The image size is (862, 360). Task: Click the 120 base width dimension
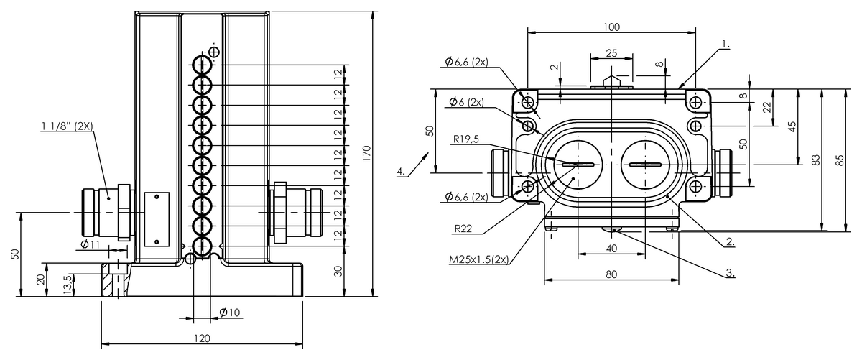pyautogui.click(x=202, y=338)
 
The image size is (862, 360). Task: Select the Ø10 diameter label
pyautogui.click(x=230, y=313)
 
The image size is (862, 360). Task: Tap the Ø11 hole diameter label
pyautogui.click(x=90, y=244)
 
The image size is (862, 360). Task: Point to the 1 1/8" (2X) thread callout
pyautogui.click(x=68, y=126)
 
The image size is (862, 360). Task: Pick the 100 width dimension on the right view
pyautogui.click(x=611, y=27)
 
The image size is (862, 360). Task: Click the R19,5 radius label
pyautogui.click(x=466, y=139)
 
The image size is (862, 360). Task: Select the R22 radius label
pyautogui.click(x=463, y=229)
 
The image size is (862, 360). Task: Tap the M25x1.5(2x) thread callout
pyautogui.click(x=479, y=259)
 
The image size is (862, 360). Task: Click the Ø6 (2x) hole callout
pyautogui.click(x=466, y=102)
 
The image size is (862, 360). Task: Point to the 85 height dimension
pyautogui.click(x=841, y=160)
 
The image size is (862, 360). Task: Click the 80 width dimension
pyautogui.click(x=611, y=274)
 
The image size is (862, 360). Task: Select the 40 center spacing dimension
pyautogui.click(x=611, y=249)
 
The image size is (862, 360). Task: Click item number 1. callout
pyautogui.click(x=725, y=45)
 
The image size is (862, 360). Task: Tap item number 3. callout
pyautogui.click(x=730, y=273)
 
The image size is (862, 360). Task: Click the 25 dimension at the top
pyautogui.click(x=611, y=52)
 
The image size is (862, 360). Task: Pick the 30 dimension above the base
pyautogui.click(x=338, y=272)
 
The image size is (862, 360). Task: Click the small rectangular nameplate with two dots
pyautogui.click(x=157, y=219)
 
